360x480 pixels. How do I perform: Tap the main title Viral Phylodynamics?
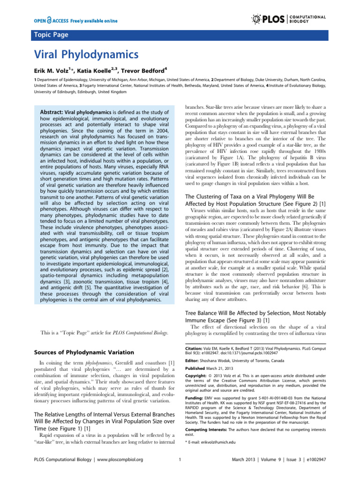[87, 54]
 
